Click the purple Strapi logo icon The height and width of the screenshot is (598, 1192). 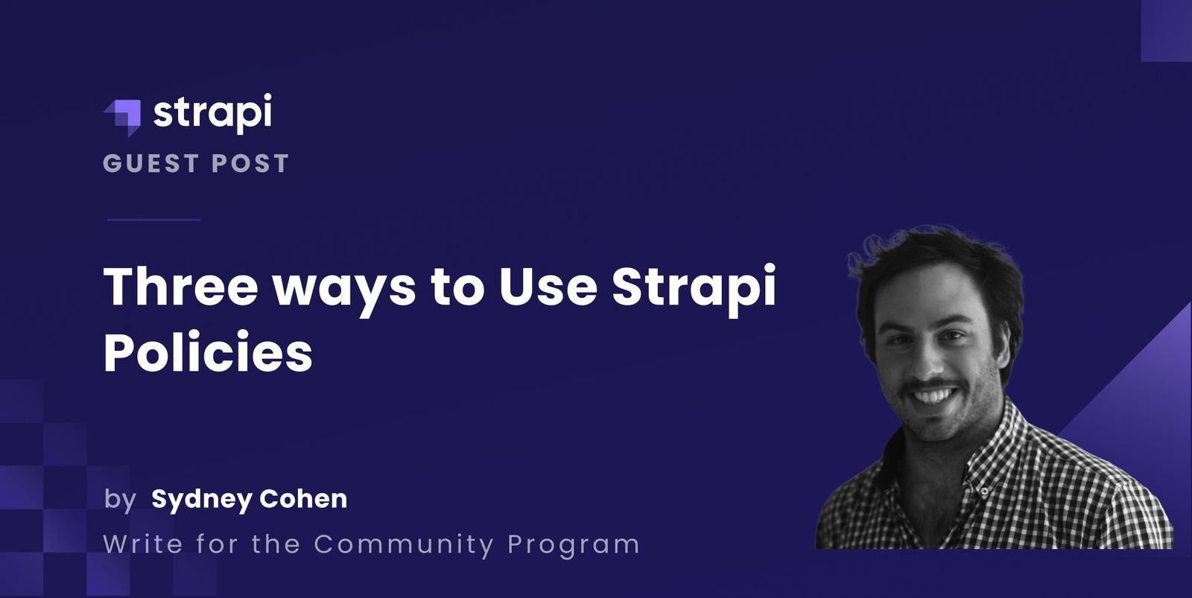coord(123,117)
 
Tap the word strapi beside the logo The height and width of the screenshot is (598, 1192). coord(212,113)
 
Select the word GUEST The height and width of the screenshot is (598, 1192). coord(151,164)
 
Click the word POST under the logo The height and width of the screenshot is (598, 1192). coord(250,164)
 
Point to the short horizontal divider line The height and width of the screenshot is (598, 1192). coord(153,220)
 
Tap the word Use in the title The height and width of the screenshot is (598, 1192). coord(548,286)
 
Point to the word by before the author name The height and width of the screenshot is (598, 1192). coord(120,499)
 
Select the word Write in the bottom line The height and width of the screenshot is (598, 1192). coord(143,544)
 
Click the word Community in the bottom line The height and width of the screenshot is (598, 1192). coord(403,544)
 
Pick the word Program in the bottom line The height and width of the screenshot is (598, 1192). coord(573,545)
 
